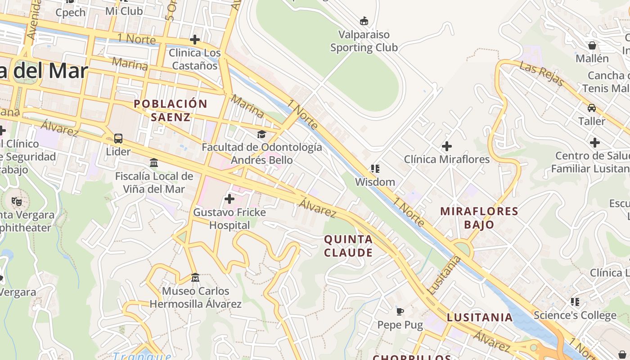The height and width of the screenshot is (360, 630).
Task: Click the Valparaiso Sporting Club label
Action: [x=364, y=41]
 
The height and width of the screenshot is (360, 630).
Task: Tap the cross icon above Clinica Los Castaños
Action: [x=195, y=40]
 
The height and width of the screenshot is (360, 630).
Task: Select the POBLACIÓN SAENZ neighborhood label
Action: [x=171, y=110]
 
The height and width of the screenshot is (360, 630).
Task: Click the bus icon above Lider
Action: [x=118, y=138]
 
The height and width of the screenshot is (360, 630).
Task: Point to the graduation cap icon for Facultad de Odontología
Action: [x=261, y=134]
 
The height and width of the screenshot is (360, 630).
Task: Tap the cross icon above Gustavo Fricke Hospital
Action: [x=229, y=198]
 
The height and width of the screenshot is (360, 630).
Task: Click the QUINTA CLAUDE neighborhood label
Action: [x=348, y=246]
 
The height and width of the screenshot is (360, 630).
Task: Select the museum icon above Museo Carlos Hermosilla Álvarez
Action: [x=195, y=277]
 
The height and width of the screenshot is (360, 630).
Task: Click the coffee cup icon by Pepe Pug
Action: [x=400, y=311]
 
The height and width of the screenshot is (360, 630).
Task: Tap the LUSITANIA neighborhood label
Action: [x=480, y=317]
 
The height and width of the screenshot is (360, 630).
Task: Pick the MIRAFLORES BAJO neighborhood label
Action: [x=479, y=217]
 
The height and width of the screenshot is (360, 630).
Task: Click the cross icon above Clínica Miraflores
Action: [x=446, y=146]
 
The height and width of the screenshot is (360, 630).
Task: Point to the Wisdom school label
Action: [x=375, y=182]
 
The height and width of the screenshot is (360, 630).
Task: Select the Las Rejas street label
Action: [x=542, y=74]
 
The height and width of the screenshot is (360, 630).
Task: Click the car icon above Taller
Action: [x=592, y=108]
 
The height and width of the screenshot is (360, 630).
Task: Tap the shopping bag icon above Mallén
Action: [x=592, y=45]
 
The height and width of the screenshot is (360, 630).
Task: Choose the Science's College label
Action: [x=575, y=315]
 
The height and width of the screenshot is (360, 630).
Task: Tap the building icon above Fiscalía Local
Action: [x=154, y=162]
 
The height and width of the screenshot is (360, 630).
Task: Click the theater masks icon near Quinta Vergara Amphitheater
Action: [x=17, y=201]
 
